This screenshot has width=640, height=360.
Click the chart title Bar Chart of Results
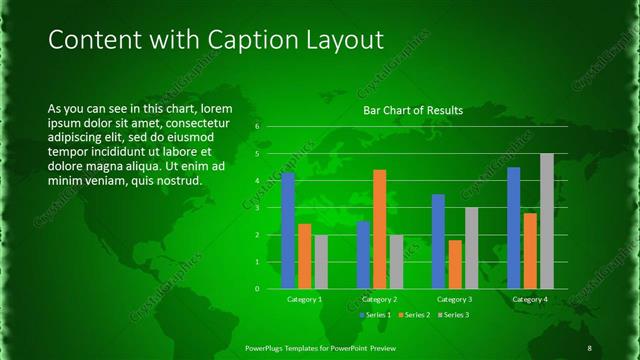pyautogui.click(x=412, y=110)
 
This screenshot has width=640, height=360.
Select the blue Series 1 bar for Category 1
pyautogui.click(x=288, y=230)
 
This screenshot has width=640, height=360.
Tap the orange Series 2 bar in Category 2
pyautogui.click(x=379, y=229)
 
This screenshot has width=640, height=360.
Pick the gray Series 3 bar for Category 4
pyautogui.click(x=547, y=221)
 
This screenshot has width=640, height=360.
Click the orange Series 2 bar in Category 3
pyautogui.click(x=455, y=264)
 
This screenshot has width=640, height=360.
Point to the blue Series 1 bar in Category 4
pyautogui.click(x=514, y=228)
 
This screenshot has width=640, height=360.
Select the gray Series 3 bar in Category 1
pyautogui.click(x=320, y=261)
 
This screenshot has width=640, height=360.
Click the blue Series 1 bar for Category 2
pyautogui.click(x=363, y=254)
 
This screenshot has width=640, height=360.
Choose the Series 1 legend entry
pyautogui.click(x=376, y=315)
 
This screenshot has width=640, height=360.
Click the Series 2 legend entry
pyautogui.click(x=414, y=315)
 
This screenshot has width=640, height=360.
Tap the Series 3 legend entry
pyautogui.click(x=452, y=315)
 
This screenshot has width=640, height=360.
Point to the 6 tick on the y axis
pyautogui.click(x=257, y=127)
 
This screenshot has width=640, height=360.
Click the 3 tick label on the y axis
pyautogui.click(x=257, y=208)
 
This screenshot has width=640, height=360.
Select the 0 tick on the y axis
pyautogui.click(x=257, y=289)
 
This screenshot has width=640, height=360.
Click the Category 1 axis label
pyautogui.click(x=304, y=299)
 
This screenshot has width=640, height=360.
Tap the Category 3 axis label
pyautogui.click(x=455, y=299)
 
